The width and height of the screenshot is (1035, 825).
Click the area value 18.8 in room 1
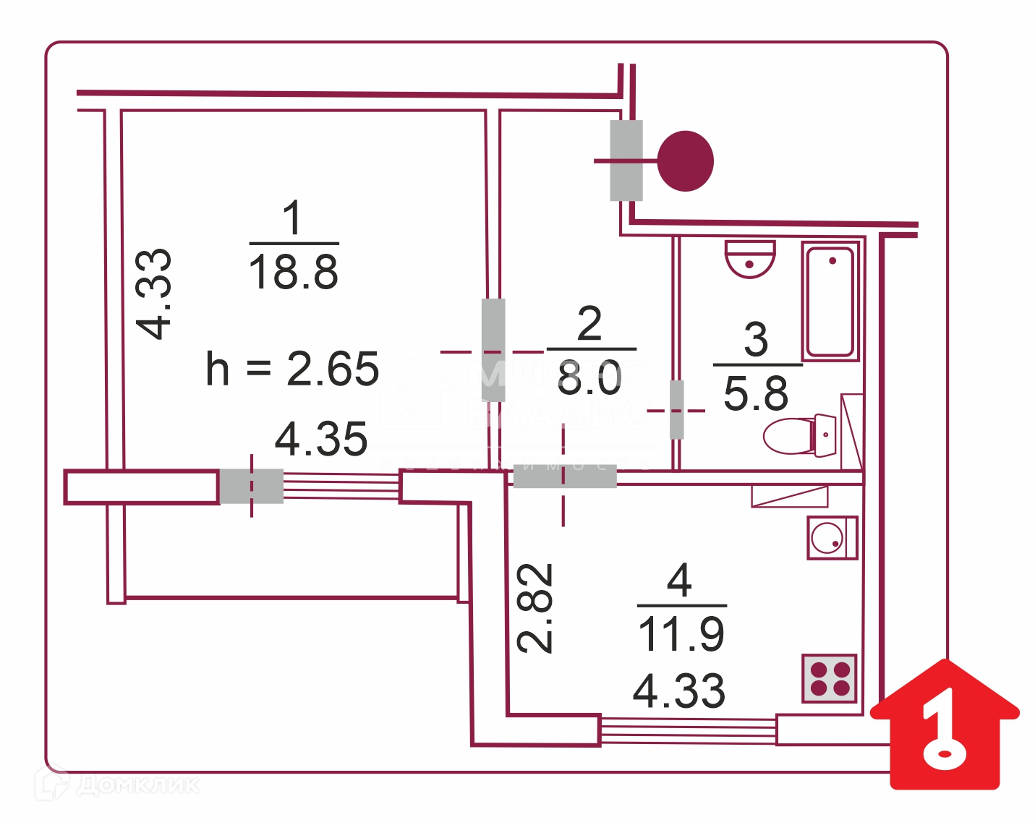[293, 273]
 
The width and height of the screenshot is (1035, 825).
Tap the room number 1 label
[292, 218]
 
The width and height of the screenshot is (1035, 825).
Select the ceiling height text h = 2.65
[292, 369]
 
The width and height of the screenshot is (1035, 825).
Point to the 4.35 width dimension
[321, 439]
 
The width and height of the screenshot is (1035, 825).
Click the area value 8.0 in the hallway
[589, 378]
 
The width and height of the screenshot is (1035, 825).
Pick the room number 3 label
[756, 339]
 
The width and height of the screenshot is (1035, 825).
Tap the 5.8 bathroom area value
[756, 394]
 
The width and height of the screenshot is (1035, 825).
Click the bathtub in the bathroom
[830, 301]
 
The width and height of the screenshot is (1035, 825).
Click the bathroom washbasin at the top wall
[750, 259]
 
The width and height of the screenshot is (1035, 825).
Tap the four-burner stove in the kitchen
[830, 678]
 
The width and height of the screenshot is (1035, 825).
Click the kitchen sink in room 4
[832, 537]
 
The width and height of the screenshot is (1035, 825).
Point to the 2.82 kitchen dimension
[536, 608]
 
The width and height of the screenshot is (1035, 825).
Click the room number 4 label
[680, 581]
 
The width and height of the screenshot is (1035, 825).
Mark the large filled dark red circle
[686, 161]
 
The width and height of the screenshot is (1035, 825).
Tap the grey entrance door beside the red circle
[626, 161]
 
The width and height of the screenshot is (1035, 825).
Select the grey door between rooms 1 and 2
[493, 350]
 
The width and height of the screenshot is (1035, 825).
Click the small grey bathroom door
[676, 410]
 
